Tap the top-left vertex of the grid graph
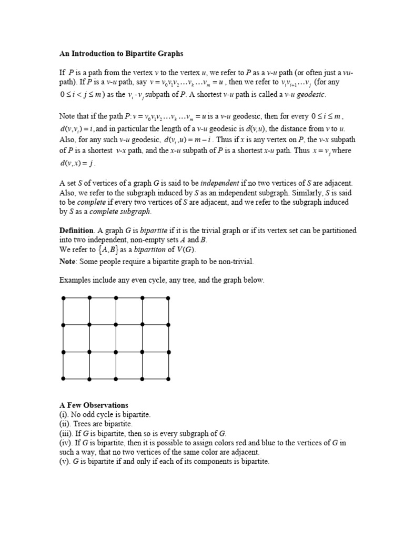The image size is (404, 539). pyautogui.click(x=63, y=298)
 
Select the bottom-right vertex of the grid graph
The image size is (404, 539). pyautogui.click(x=168, y=378)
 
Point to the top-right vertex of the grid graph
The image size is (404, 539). pyautogui.click(x=168, y=298)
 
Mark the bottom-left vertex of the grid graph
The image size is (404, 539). pyautogui.click(x=63, y=378)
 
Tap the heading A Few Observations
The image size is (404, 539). pyautogui.click(x=94, y=405)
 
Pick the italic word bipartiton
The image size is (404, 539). pyautogui.click(x=136, y=250)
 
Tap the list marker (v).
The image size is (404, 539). pyautogui.click(x=65, y=462)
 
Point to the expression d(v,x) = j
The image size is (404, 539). pyautogui.click(x=77, y=164)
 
